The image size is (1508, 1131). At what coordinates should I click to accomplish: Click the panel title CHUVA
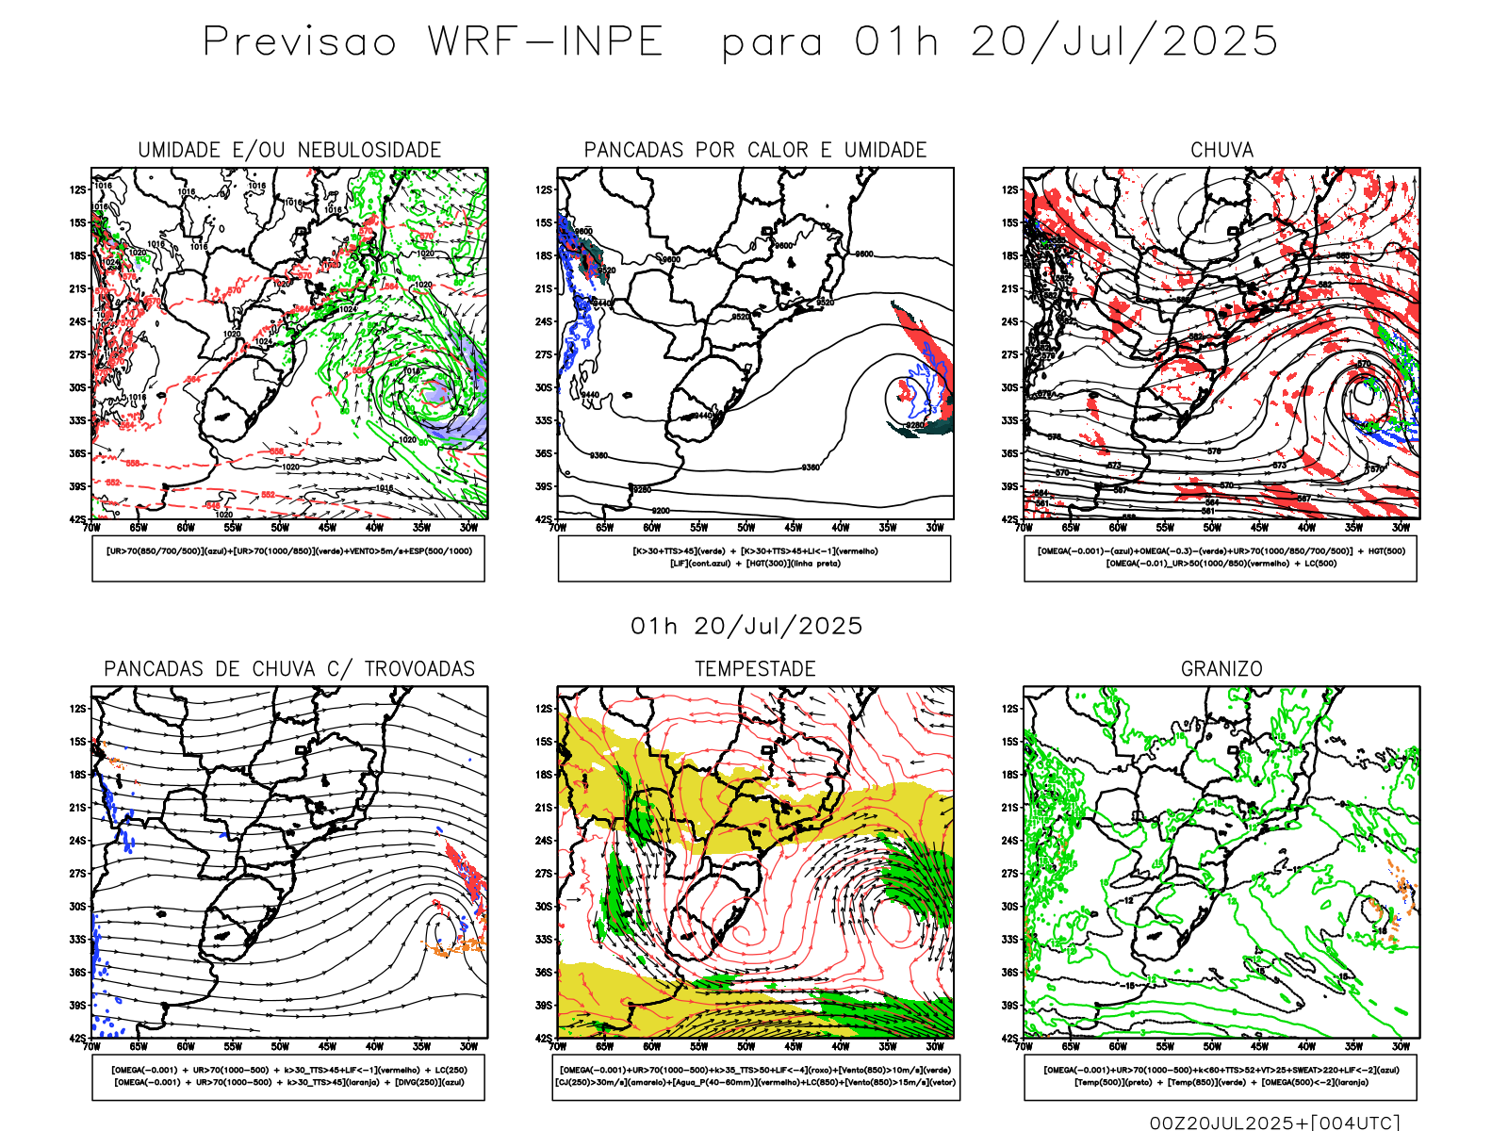(1221, 150)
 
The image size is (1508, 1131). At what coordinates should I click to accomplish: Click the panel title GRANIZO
(1221, 668)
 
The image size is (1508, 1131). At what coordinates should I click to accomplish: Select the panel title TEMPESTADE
(755, 668)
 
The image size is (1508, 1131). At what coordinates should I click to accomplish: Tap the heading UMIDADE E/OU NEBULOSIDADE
(289, 150)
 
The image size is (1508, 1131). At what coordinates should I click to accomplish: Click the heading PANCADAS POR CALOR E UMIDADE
(755, 150)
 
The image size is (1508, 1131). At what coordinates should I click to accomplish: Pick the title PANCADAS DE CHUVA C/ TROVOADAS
(289, 668)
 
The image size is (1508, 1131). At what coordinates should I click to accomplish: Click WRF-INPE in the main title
(546, 41)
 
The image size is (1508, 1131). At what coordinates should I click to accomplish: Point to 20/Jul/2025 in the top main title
(1124, 41)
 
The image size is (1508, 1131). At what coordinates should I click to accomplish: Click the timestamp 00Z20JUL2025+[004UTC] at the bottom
(1274, 1122)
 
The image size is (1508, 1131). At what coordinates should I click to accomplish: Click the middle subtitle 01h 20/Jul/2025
(746, 626)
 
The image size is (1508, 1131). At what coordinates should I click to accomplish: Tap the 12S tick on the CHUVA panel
(1010, 189)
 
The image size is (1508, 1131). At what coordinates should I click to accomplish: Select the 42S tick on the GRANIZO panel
(1010, 1038)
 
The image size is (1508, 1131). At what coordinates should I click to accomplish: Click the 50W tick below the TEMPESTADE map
(746, 1046)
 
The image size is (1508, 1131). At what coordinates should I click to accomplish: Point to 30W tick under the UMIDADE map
(468, 528)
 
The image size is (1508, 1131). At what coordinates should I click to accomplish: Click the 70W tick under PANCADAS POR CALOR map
(558, 528)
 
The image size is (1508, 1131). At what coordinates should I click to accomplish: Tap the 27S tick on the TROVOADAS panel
(77, 873)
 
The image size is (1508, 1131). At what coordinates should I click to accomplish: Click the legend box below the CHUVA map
(1221, 558)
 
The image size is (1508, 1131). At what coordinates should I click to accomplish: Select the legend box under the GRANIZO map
(1221, 1076)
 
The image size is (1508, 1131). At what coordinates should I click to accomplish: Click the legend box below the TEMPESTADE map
(755, 1076)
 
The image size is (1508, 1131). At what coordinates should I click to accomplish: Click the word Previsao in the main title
(300, 41)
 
